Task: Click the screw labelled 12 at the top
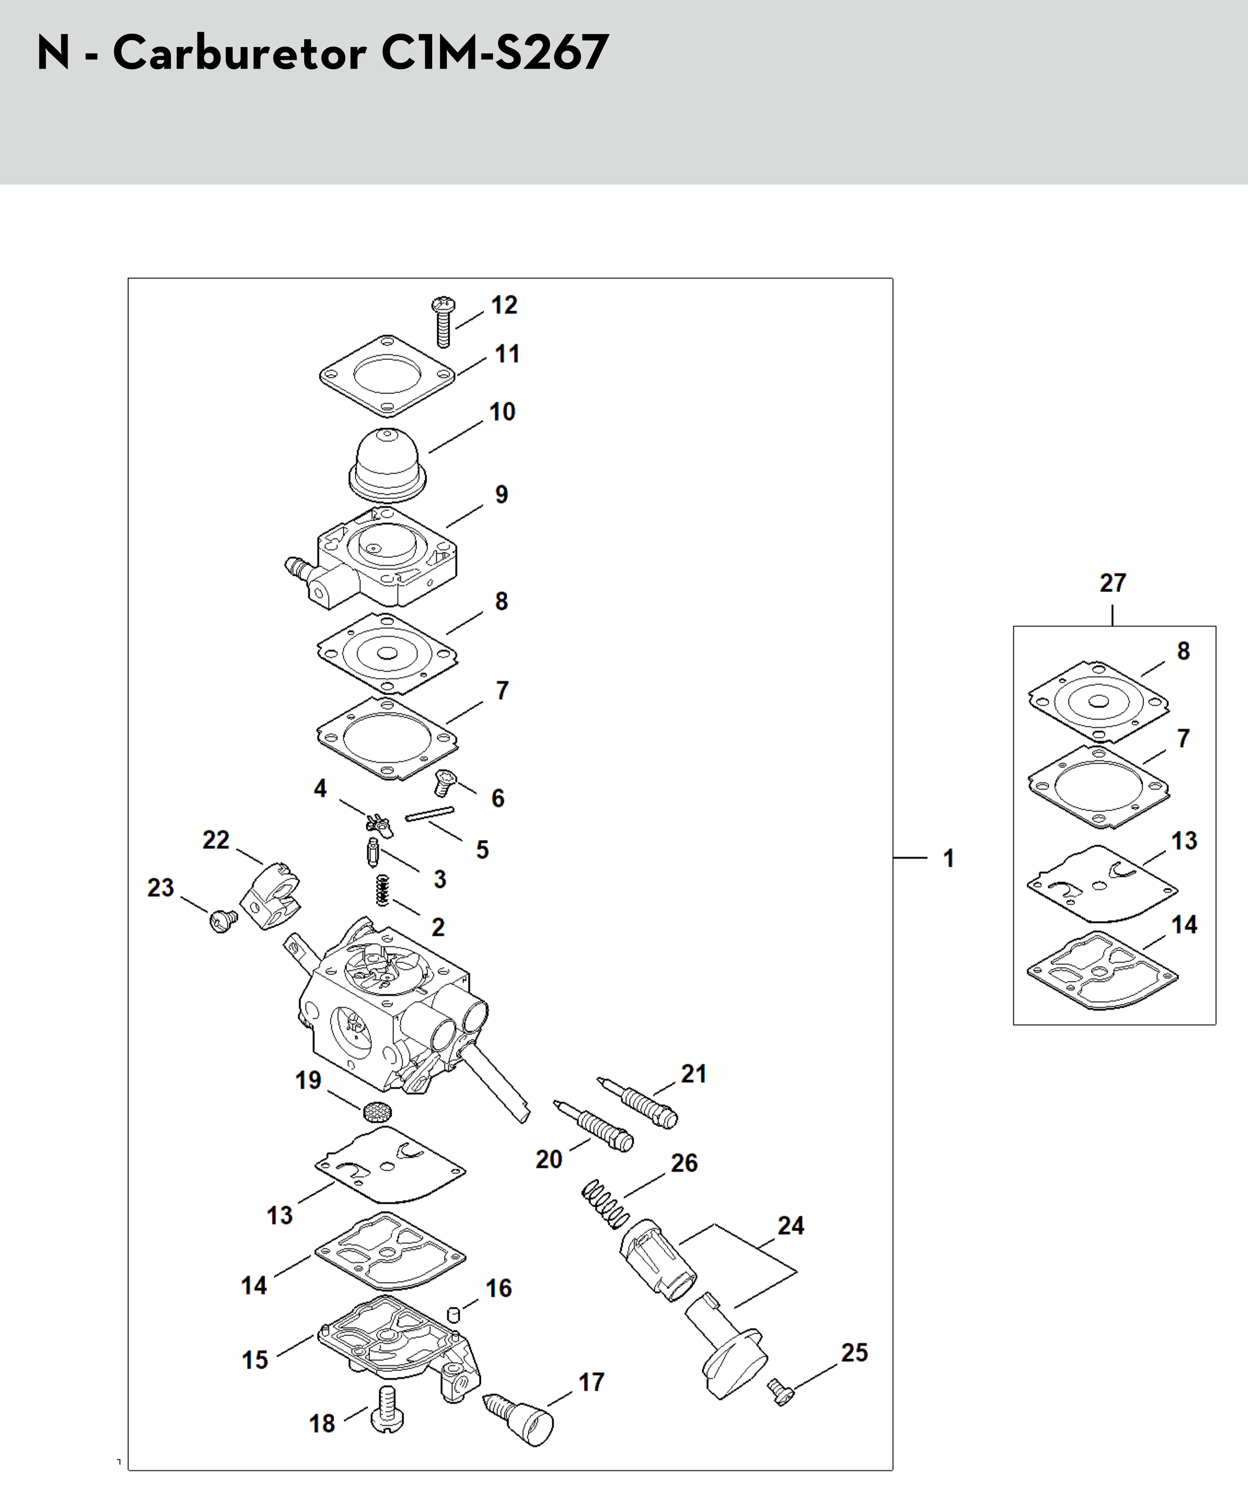[x=444, y=322]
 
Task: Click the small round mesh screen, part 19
[x=377, y=1111]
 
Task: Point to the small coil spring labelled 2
[x=382, y=889]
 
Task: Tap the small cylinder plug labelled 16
[x=453, y=1314]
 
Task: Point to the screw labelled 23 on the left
[x=224, y=921]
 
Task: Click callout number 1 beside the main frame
[x=948, y=858]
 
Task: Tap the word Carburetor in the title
[x=239, y=53]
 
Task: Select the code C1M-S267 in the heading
[x=494, y=53]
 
